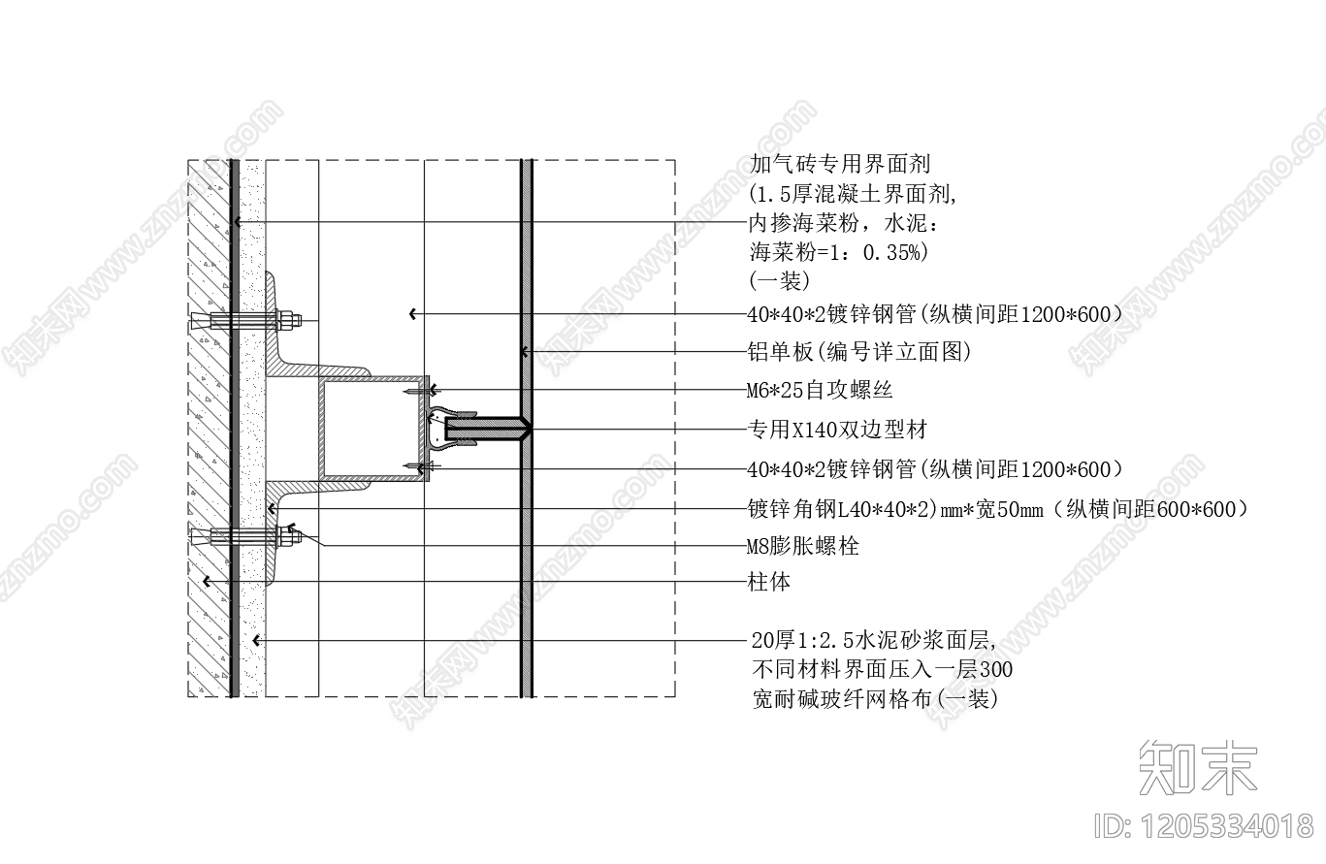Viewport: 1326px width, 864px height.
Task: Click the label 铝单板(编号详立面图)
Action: (859, 351)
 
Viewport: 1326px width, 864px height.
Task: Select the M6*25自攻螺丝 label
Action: (820, 390)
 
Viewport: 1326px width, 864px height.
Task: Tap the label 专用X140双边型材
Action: (836, 429)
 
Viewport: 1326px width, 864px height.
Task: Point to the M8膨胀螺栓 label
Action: (803, 546)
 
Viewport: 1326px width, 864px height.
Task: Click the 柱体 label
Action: (769, 582)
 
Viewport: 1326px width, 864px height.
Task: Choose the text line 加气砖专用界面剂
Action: (840, 164)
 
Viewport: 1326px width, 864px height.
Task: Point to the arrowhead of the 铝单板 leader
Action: (523, 351)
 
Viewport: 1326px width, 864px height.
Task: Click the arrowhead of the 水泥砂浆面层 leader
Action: (254, 640)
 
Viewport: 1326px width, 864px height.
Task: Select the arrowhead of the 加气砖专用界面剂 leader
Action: (236, 224)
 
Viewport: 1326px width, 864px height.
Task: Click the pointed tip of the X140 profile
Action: (527, 428)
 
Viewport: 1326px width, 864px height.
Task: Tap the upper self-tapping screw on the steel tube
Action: (419, 391)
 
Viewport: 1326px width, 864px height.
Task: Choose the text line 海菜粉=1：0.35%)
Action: (839, 252)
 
